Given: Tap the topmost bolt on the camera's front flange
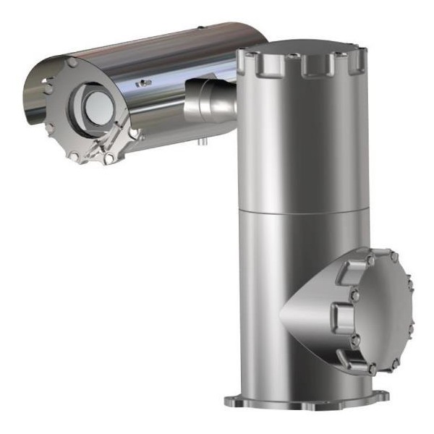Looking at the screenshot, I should pos(72,64).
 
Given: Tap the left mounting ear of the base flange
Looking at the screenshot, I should pos(230,401).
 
